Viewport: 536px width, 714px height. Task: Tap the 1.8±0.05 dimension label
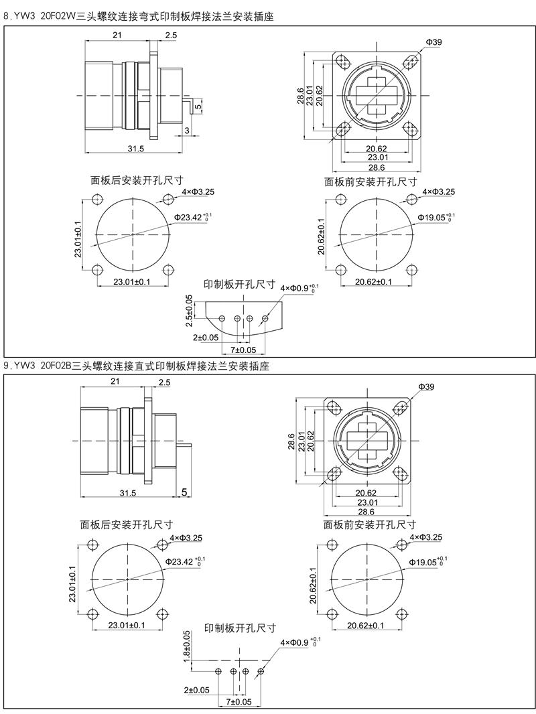(187, 647)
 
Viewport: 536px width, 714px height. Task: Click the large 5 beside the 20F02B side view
(184, 492)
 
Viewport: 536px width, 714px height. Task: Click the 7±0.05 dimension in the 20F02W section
(243, 350)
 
